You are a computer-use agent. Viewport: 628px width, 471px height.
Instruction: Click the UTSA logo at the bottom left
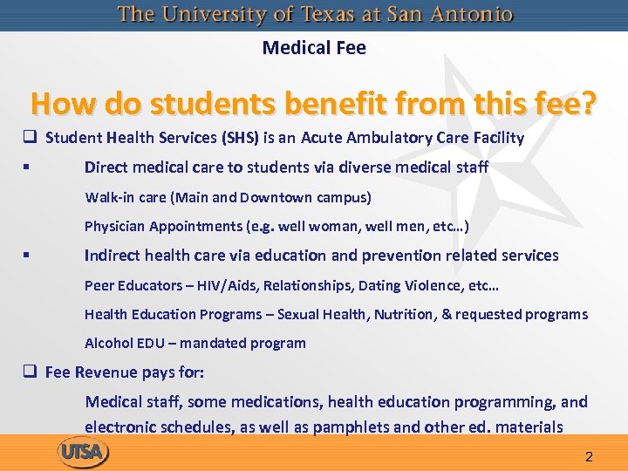pyautogui.click(x=84, y=452)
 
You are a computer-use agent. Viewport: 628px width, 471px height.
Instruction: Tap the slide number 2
pyautogui.click(x=589, y=457)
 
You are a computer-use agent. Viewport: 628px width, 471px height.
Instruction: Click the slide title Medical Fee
pyautogui.click(x=314, y=48)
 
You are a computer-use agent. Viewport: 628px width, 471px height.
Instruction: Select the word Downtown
pyautogui.click(x=276, y=197)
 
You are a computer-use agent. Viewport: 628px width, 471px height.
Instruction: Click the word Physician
pyautogui.click(x=114, y=227)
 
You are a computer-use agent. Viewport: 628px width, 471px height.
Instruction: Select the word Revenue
pyautogui.click(x=106, y=372)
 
